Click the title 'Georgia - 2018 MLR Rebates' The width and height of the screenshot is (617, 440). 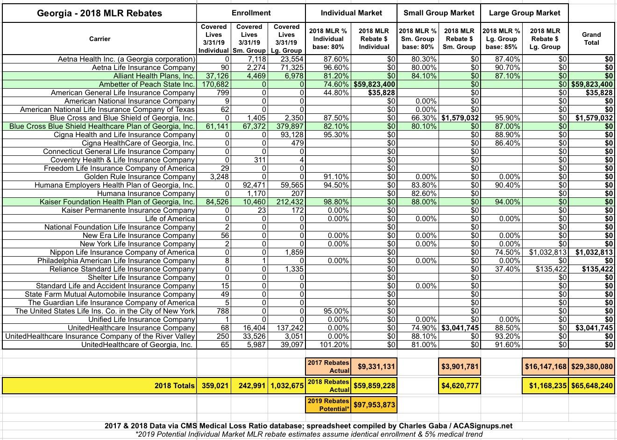click(99, 13)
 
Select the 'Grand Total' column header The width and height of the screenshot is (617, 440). click(591, 39)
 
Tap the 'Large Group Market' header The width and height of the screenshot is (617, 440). click(525, 13)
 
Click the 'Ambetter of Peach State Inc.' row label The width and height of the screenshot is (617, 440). click(147, 84)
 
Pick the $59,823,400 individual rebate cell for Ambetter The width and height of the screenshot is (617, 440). click(375, 84)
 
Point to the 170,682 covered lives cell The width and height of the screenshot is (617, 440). click(214, 84)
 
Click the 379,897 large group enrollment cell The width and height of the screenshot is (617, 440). click(287, 126)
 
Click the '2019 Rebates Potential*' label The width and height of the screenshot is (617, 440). click(328, 405)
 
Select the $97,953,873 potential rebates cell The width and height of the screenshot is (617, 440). click(375, 405)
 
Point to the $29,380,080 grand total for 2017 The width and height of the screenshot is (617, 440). click(591, 367)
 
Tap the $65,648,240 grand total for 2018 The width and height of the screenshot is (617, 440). click(591, 386)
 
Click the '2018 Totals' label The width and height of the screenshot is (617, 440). click(174, 386)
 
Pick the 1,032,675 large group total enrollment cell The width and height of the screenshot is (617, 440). click(287, 386)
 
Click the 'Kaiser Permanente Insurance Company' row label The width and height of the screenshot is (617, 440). click(128, 210)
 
